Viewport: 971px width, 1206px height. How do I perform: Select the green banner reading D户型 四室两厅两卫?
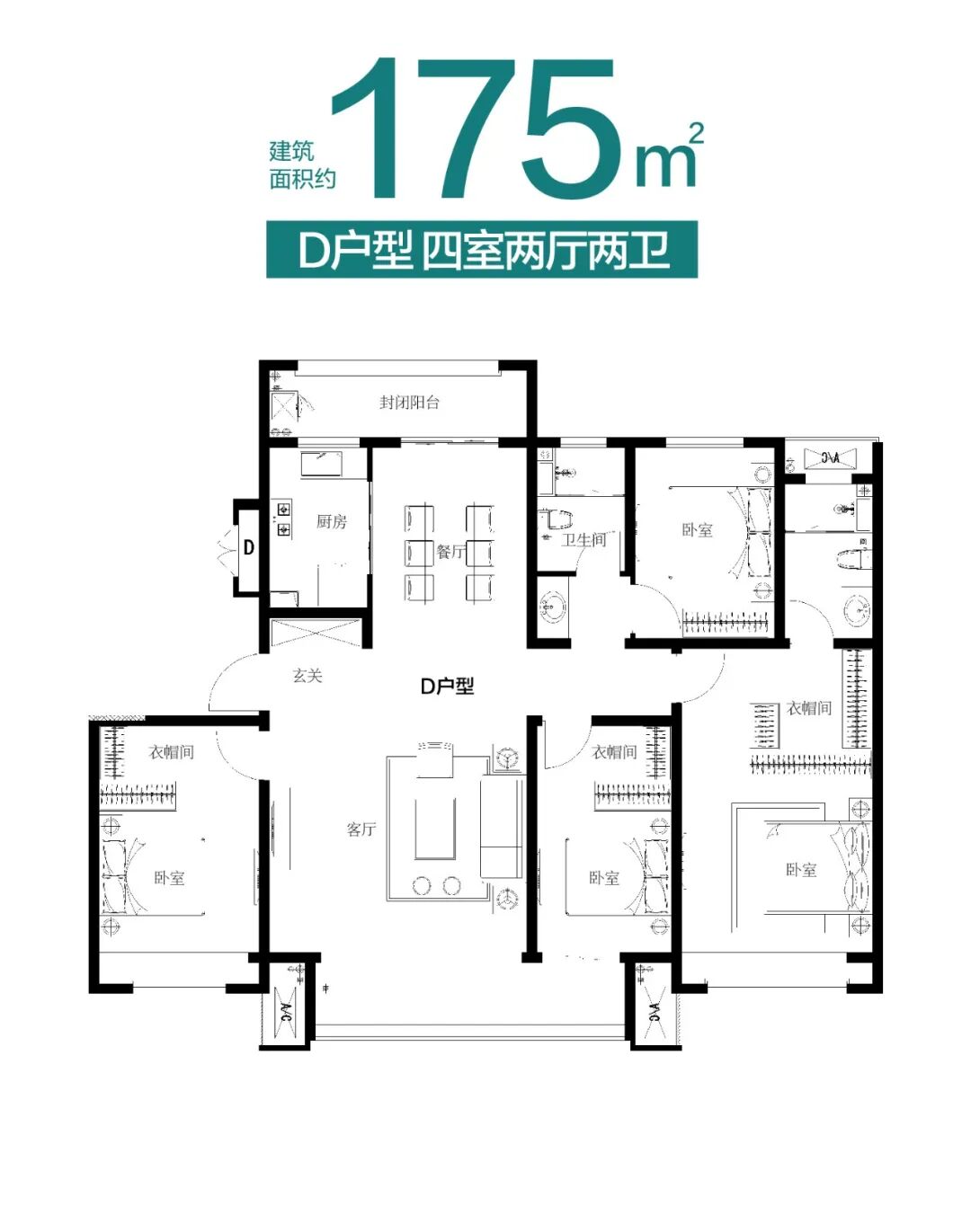tap(483, 249)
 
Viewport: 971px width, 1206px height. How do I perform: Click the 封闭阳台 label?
tap(409, 402)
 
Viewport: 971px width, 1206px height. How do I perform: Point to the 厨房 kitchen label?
tap(331, 521)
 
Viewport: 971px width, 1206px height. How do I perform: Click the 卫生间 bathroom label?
tap(583, 539)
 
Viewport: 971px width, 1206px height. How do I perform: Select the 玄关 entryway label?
tap(307, 675)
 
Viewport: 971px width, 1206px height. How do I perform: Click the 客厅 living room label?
tap(361, 829)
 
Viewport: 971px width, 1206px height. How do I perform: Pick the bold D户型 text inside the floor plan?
tap(447, 687)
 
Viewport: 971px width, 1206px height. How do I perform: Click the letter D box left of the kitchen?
tap(249, 547)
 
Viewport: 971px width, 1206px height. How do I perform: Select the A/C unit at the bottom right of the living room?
tap(652, 1014)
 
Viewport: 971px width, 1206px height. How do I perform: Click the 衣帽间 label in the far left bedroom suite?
tap(171, 751)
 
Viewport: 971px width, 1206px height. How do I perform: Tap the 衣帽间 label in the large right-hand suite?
tap(809, 708)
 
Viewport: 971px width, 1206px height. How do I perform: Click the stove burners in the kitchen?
tap(283, 519)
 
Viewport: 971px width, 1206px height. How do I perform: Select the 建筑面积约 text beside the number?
tap(303, 165)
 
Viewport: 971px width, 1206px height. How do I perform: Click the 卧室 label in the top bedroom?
tap(697, 530)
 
